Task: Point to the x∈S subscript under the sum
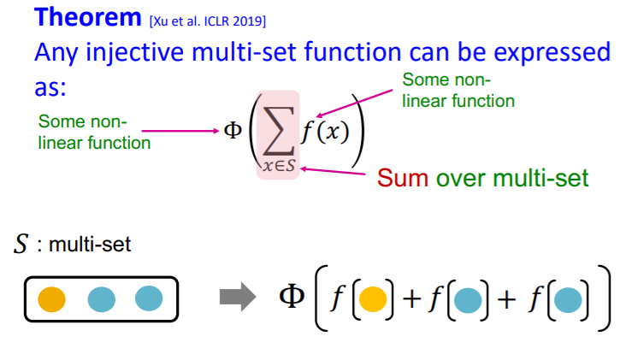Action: (279, 167)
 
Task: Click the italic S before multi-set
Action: (20, 245)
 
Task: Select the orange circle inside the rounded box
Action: (53, 299)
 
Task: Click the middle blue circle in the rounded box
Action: (102, 299)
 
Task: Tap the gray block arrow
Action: (238, 298)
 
